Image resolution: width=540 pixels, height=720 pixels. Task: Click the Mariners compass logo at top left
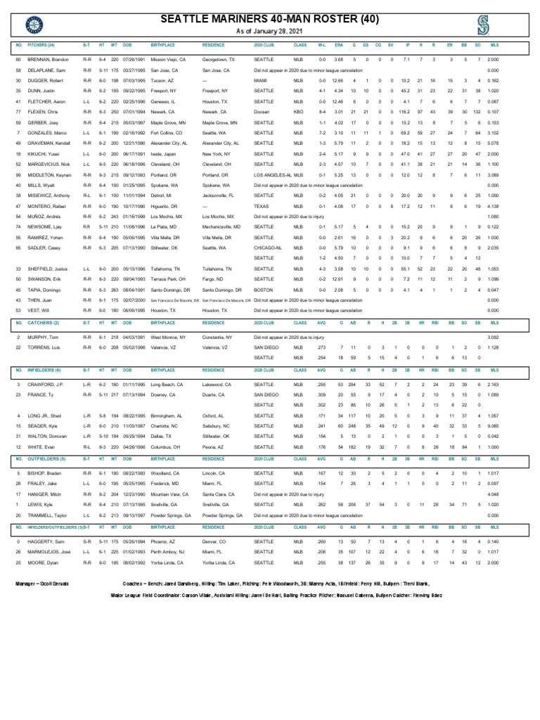click(x=33, y=27)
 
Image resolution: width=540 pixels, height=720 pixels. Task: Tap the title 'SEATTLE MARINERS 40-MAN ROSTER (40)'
click(x=270, y=19)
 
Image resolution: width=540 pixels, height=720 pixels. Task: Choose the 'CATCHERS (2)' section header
click(x=44, y=321)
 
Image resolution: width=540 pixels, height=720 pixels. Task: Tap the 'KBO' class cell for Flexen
click(x=298, y=112)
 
